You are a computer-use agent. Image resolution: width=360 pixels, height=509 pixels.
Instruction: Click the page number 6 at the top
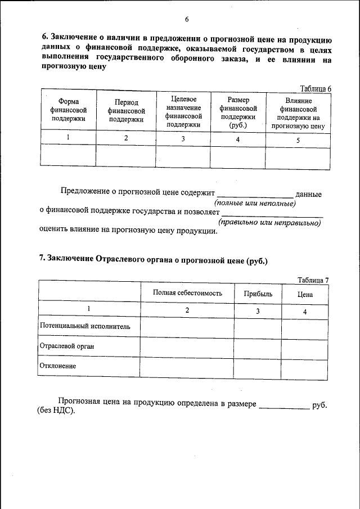[x=186, y=20]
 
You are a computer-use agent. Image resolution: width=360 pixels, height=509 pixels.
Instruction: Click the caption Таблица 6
[x=316, y=88]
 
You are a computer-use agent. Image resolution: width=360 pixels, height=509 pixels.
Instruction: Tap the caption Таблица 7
[x=313, y=280]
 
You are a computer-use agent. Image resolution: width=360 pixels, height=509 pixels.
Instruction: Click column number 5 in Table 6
[x=298, y=140]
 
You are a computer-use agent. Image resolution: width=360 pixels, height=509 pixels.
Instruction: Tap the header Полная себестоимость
[x=187, y=293]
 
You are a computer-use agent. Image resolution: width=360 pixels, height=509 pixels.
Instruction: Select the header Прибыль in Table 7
[x=258, y=294]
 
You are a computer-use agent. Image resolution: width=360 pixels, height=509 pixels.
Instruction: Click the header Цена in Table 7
[x=305, y=294]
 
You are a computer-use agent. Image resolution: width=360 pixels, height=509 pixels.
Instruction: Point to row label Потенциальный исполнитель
[x=85, y=326]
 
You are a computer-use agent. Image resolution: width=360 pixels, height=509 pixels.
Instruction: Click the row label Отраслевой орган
[x=66, y=346]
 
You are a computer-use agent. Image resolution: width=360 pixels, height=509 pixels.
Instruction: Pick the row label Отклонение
[x=58, y=366]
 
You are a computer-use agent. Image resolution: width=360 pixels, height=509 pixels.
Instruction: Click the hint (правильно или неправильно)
[x=269, y=223]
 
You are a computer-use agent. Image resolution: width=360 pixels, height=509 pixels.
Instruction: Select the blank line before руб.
[x=284, y=406]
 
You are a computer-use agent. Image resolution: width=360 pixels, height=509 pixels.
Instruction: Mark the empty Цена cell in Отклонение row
[x=304, y=367]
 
